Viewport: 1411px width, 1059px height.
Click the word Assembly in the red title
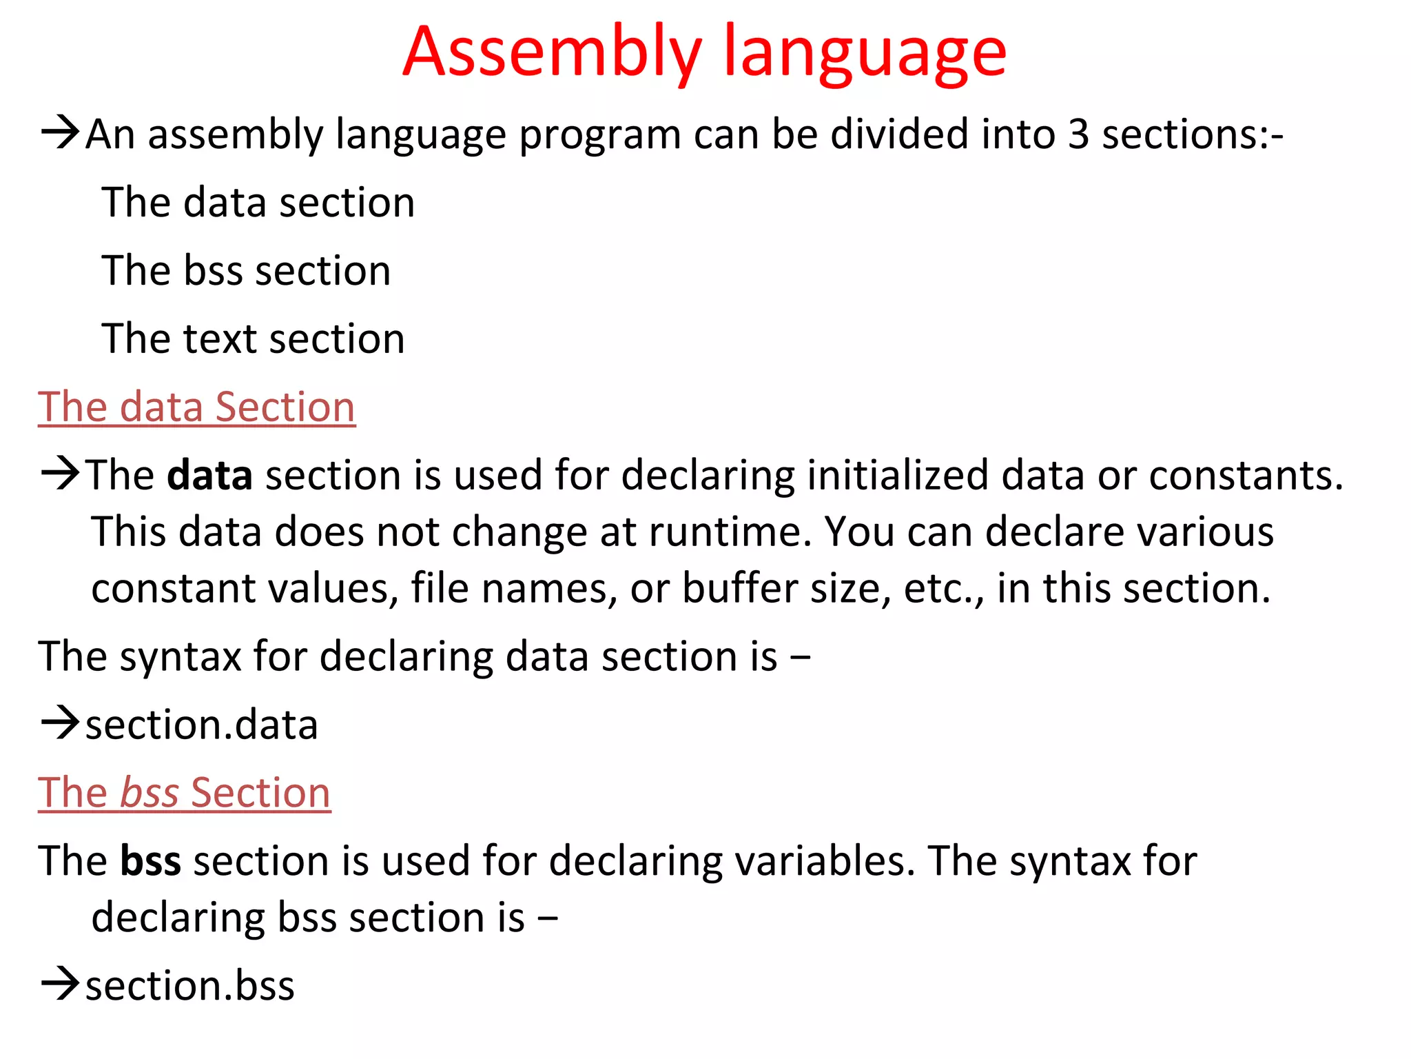[552, 53]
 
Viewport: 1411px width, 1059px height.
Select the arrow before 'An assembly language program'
[61, 132]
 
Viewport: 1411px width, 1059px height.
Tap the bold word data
[209, 475]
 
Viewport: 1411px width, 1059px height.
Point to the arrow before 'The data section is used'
[61, 474]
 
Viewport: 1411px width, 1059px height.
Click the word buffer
[739, 589]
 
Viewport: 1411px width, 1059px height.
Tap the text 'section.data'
[201, 725]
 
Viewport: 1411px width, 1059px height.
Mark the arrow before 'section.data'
[61, 723]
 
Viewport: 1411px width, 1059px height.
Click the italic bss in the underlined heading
[150, 792]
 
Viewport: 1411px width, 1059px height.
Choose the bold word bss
[150, 861]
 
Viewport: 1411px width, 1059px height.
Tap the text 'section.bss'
[189, 985]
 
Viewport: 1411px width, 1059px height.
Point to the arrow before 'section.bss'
[61, 984]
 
